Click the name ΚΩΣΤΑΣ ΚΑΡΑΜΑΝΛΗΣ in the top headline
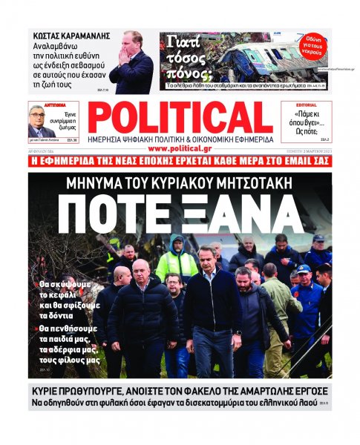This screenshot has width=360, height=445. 71,36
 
